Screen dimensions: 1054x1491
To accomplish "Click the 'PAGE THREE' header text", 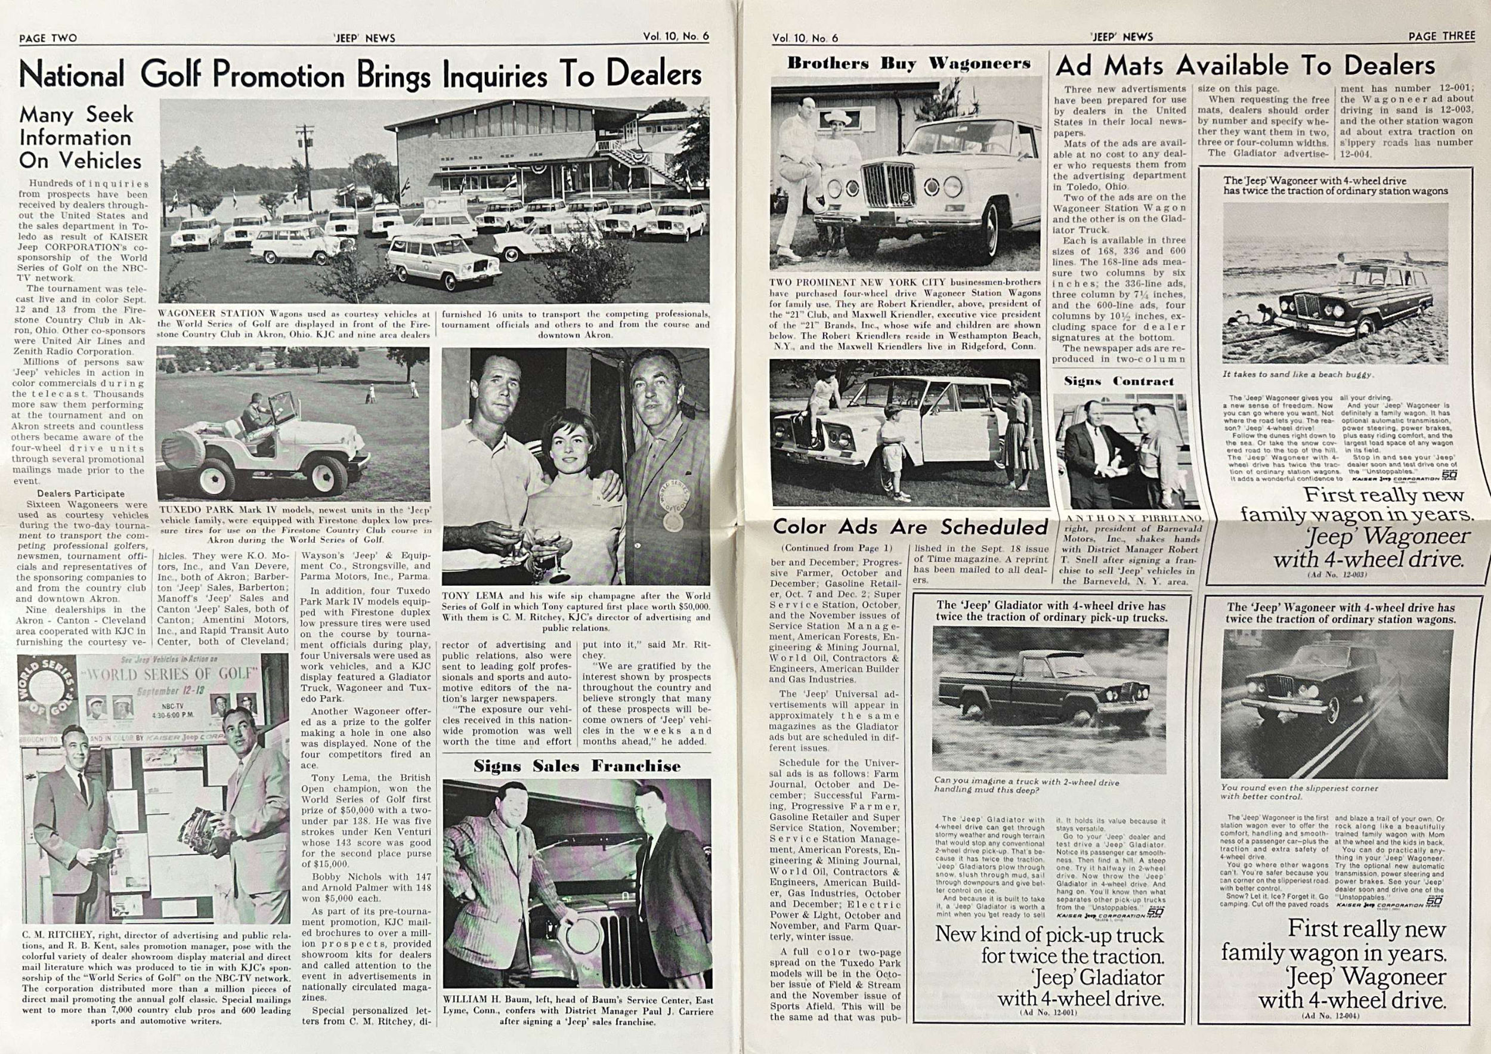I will coord(1441,36).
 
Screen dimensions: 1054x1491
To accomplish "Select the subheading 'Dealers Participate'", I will coord(81,493).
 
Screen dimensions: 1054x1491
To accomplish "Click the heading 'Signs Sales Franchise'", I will coord(577,766).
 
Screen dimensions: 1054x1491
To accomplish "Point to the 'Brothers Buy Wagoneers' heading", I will coord(908,64).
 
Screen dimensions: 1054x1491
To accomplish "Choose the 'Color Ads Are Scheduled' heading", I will coord(910,527).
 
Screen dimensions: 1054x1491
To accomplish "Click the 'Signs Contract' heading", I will coord(1127,381).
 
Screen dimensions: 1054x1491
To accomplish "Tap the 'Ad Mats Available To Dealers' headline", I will coord(1245,66).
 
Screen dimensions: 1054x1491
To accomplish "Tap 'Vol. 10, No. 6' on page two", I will coord(675,37).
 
